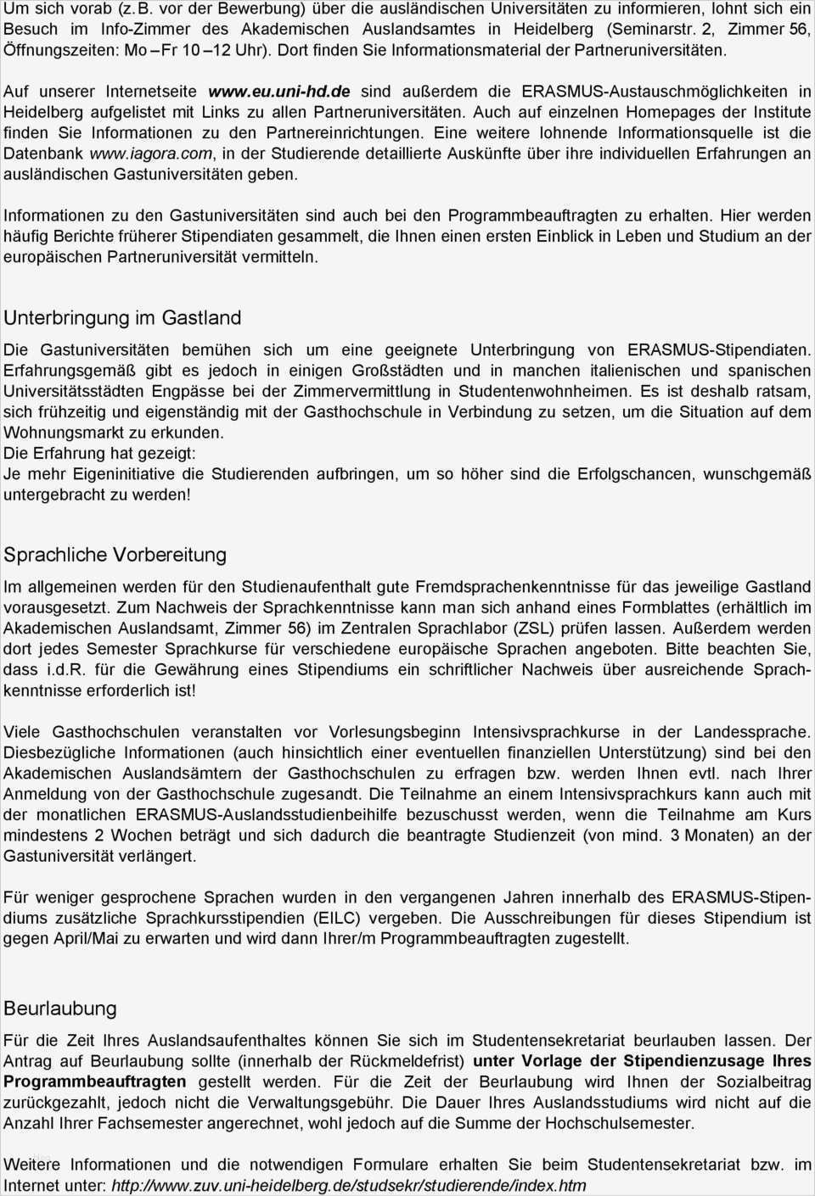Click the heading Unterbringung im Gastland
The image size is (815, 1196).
coord(122,318)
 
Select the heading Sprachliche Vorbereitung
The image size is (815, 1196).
coord(115,555)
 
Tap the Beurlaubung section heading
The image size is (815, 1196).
coord(60,1009)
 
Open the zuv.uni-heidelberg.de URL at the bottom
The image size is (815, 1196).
coord(348,1185)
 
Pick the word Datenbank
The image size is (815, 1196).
coord(43,154)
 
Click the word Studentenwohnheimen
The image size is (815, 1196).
coord(544,391)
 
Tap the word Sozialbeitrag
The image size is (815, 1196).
coord(761,1081)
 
